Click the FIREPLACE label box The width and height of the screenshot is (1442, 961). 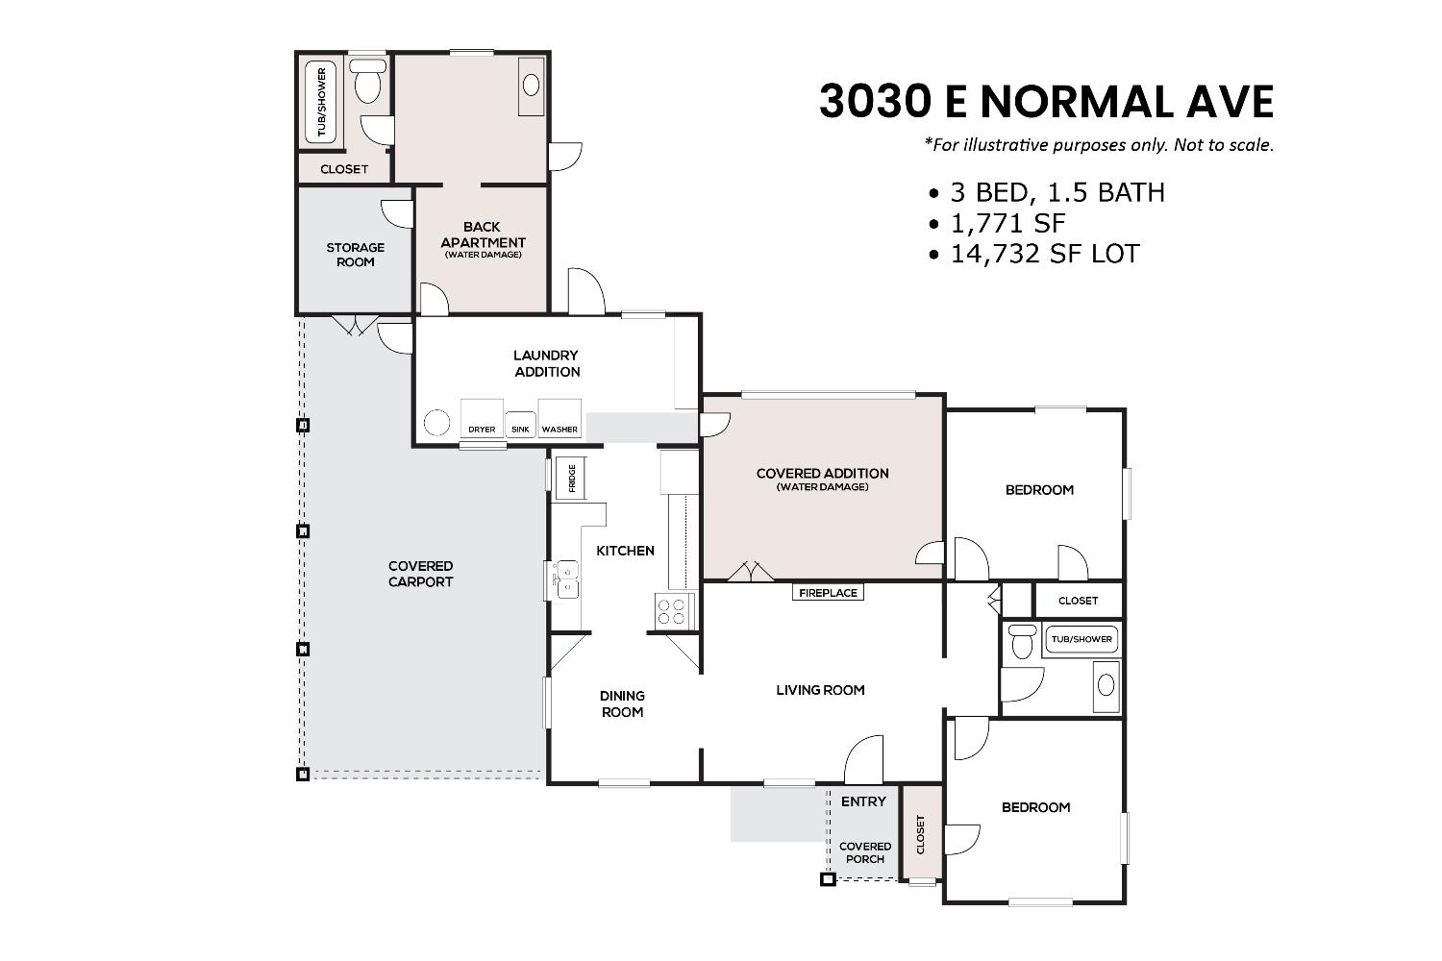click(828, 593)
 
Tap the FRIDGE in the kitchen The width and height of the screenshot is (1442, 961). click(571, 478)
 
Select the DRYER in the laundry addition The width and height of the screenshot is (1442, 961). click(482, 419)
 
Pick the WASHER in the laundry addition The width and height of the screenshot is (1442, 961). click(559, 419)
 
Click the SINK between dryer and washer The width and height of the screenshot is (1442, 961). click(520, 424)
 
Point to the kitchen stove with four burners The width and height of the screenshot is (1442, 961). click(675, 611)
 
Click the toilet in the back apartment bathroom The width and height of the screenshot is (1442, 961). click(367, 83)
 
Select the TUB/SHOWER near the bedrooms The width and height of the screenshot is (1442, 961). click(1081, 639)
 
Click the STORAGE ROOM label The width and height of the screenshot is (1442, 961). click(355, 255)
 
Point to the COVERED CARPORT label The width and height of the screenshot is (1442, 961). click(420, 574)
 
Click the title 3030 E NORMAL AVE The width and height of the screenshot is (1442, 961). click(1046, 102)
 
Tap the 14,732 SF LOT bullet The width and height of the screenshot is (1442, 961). click(1034, 254)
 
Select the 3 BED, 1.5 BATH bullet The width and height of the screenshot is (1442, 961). click(1047, 192)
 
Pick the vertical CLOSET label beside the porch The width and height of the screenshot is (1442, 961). click(921, 833)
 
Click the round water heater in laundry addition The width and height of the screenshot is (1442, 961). click(437, 423)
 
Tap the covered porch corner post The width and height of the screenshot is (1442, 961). click(826, 878)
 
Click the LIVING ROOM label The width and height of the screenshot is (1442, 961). click(820, 690)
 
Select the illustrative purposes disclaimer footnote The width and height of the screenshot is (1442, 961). click(1099, 145)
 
